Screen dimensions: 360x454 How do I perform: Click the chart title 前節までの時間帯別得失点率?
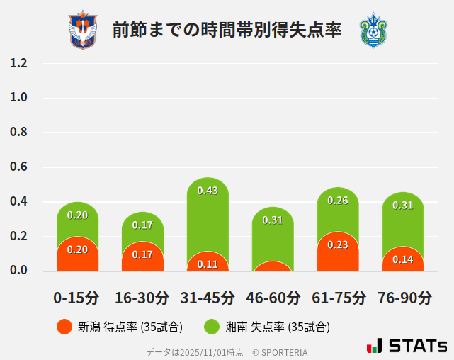[x=227, y=30]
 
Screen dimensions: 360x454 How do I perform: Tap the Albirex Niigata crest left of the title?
[x=82, y=30]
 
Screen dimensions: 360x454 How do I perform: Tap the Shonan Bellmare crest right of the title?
[x=373, y=30]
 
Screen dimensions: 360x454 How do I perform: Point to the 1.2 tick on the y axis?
[x=18, y=63]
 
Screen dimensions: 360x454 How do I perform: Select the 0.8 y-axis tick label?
[x=18, y=133]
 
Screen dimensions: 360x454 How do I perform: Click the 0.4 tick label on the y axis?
[x=18, y=202]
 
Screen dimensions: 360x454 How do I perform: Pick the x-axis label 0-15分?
[x=77, y=298]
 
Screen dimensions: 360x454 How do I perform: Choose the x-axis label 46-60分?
[x=273, y=298]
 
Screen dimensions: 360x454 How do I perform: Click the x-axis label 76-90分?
[x=403, y=298]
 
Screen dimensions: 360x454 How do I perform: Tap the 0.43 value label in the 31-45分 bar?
[x=208, y=191]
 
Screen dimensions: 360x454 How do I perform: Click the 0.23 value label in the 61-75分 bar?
[x=338, y=244]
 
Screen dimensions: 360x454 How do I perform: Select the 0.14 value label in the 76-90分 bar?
[x=403, y=259]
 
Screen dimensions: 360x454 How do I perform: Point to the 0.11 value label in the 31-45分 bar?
[x=208, y=264]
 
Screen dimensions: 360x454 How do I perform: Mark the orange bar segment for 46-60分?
[x=273, y=266]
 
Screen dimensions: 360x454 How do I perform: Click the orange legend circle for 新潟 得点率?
[x=64, y=327]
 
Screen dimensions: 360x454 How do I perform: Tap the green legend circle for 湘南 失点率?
[x=212, y=327]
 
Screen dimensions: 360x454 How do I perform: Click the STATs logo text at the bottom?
[x=417, y=347]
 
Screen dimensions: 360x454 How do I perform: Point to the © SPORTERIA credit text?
[x=280, y=352]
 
